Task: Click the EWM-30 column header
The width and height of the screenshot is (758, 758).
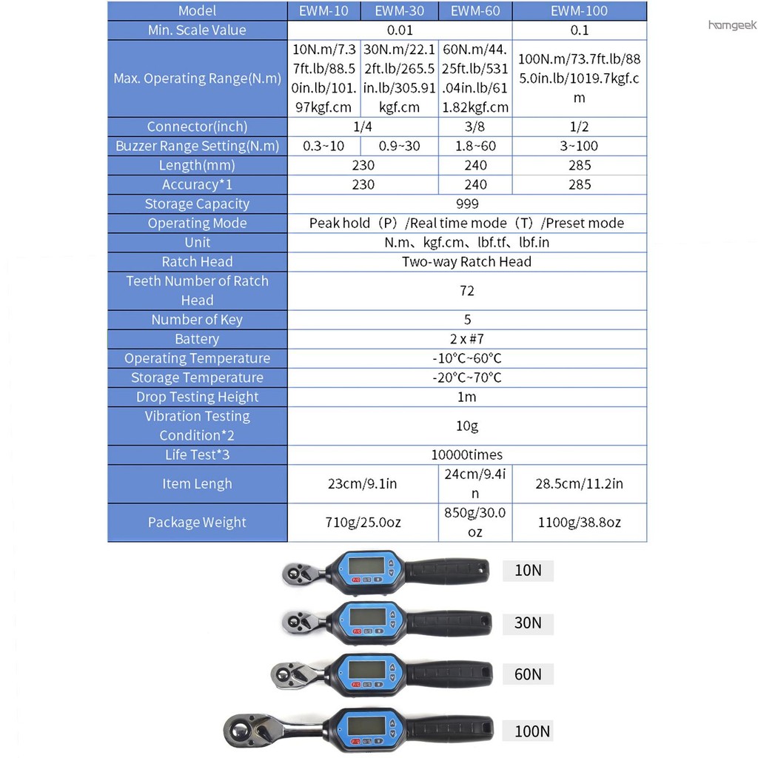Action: (399, 10)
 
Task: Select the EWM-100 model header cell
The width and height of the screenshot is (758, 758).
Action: (579, 10)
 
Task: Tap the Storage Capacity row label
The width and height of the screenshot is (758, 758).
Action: (197, 204)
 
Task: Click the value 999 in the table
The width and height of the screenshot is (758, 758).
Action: (467, 204)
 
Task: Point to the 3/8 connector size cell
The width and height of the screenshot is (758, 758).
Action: (474, 127)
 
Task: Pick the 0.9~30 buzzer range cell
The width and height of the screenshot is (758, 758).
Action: (399, 146)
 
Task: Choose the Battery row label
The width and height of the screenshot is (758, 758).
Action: (197, 339)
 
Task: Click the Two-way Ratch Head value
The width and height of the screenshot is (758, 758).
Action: (466, 261)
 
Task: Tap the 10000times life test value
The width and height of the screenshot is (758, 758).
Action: (466, 455)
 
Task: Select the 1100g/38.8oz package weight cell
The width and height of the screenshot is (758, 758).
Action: (579, 522)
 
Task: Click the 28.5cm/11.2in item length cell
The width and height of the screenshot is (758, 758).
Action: (579, 483)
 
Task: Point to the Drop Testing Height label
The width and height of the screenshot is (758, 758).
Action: (197, 397)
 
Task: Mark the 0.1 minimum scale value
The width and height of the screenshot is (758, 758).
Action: (579, 30)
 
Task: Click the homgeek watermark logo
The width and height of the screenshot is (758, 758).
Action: (732, 24)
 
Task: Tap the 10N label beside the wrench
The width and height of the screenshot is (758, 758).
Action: (528, 571)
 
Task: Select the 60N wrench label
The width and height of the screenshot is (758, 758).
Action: (528, 674)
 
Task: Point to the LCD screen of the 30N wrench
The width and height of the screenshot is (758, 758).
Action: (368, 617)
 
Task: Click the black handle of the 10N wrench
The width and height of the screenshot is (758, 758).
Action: (447, 571)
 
